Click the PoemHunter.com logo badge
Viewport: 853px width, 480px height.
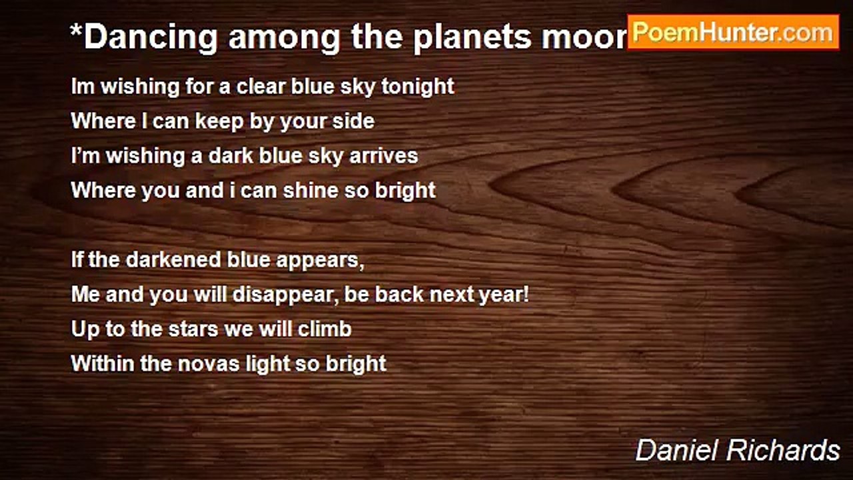(733, 32)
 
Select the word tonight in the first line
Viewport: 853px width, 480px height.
(418, 86)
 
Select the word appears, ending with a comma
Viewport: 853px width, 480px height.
(325, 260)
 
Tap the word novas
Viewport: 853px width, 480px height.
(209, 363)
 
